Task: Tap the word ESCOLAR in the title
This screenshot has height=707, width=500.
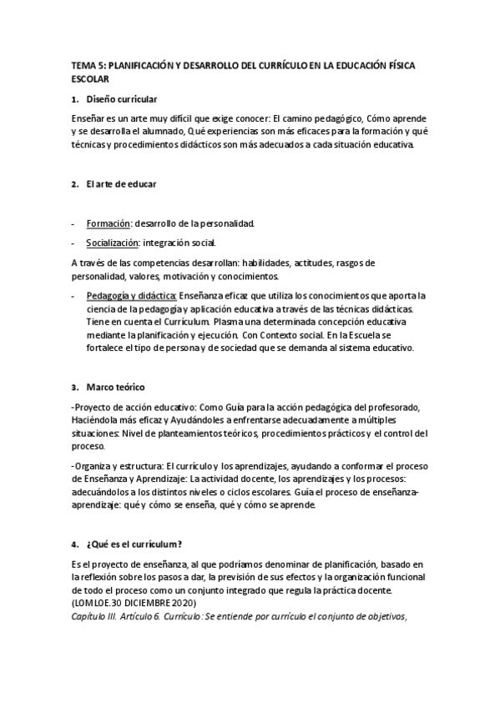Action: pos(91,78)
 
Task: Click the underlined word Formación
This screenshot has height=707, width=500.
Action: pos(108,223)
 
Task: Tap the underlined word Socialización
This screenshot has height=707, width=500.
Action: pos(113,243)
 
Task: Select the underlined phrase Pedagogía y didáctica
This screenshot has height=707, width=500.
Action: pos(131,295)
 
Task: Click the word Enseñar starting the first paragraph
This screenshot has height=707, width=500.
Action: pos(88,119)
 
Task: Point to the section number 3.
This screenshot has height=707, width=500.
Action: pos(75,387)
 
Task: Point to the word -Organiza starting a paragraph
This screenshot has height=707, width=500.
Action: pos(93,464)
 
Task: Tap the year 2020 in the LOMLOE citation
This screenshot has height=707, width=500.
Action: pos(187,604)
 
